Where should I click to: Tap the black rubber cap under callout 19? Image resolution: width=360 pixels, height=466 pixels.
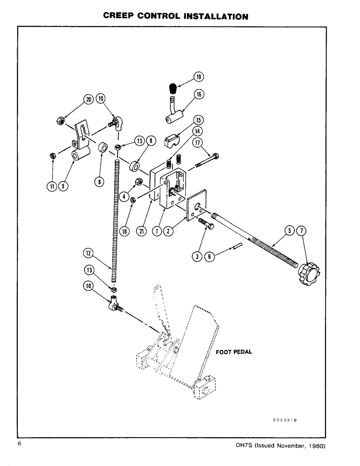(172, 89)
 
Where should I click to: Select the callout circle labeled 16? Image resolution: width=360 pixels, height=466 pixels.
(199, 95)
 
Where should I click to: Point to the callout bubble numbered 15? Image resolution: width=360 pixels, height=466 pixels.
(199, 119)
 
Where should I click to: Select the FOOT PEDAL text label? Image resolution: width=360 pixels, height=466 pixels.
(234, 352)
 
